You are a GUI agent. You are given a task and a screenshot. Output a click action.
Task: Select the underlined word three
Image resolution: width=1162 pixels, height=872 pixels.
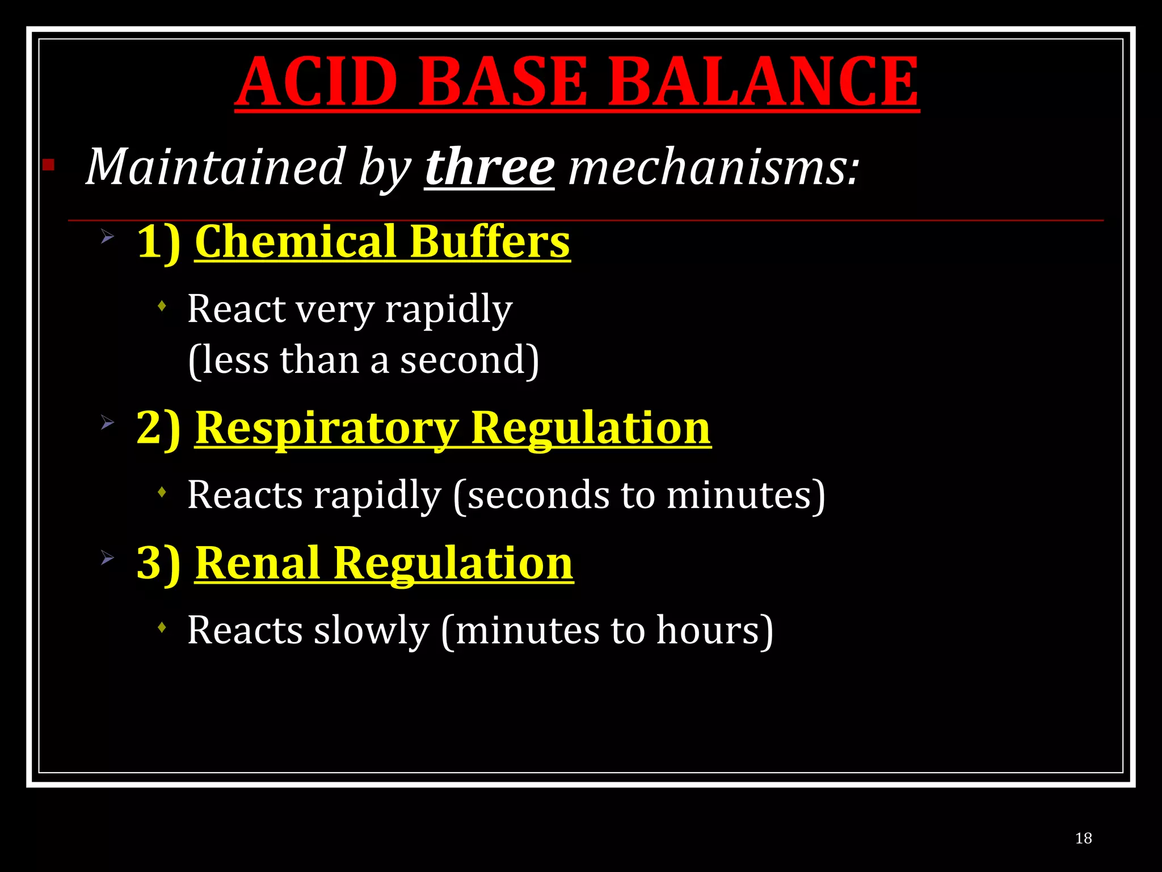point(489,167)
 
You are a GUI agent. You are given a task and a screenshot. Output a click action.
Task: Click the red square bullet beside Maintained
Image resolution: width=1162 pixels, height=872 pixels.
point(48,165)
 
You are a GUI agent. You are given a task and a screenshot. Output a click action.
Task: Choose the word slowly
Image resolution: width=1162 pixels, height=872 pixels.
point(371,630)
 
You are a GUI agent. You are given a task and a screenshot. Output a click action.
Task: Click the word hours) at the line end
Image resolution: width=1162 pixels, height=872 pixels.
point(714,630)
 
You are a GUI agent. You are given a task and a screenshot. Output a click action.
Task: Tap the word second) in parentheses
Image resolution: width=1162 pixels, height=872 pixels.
point(469,360)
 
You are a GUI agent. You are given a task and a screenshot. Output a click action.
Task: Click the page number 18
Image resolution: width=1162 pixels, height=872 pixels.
point(1083,839)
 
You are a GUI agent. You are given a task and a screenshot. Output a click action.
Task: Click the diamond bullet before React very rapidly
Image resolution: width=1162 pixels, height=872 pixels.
point(162,307)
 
